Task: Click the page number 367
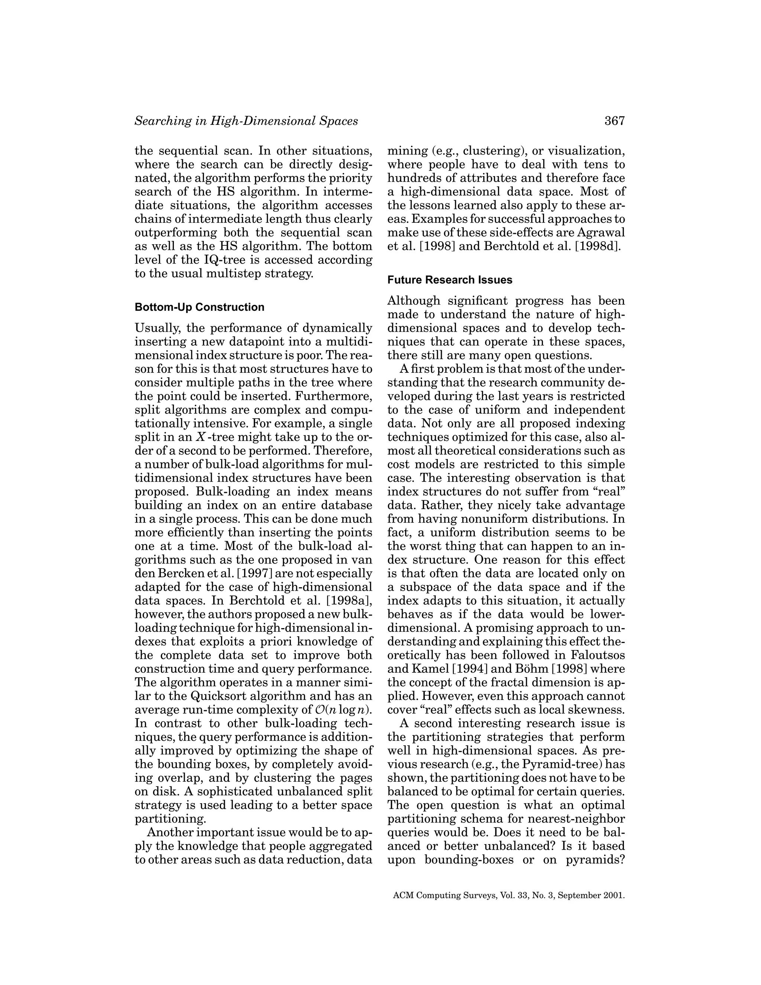(x=615, y=121)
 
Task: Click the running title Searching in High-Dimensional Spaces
(x=246, y=121)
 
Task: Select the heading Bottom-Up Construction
(x=199, y=307)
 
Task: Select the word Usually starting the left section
(x=157, y=328)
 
